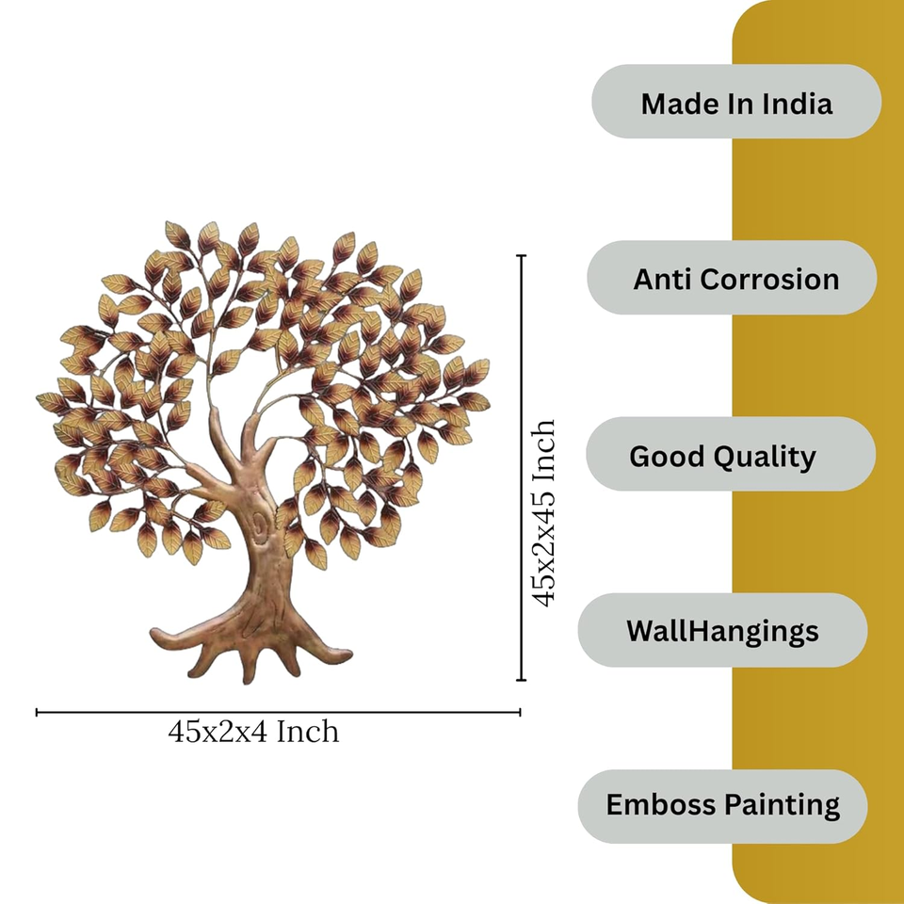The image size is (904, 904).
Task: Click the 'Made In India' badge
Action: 735,102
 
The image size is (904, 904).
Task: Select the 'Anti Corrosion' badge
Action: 732,278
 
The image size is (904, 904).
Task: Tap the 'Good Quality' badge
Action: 730,455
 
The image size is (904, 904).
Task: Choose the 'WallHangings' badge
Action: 722,630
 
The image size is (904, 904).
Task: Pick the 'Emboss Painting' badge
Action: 722,806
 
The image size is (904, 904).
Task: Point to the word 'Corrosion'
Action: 770,279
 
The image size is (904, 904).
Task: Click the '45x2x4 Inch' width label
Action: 253,732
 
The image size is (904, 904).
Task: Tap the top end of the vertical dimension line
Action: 522,255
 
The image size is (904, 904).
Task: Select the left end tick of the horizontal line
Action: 37,713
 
